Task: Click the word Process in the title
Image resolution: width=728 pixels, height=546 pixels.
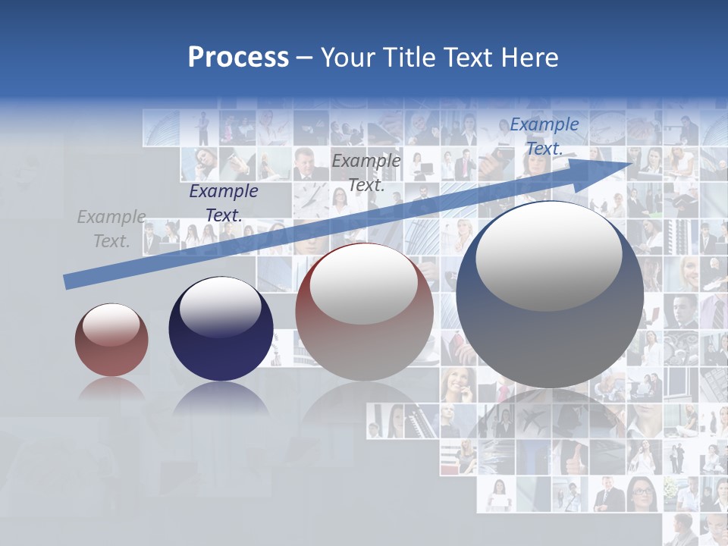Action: (x=238, y=58)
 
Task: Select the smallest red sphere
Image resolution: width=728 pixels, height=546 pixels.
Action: (x=111, y=340)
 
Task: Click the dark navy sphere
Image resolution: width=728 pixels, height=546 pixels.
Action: (x=221, y=329)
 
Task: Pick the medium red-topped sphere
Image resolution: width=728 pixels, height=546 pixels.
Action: (x=364, y=312)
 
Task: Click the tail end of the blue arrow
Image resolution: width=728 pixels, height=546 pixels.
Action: (x=68, y=282)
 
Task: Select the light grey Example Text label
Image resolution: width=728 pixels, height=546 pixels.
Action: (x=111, y=229)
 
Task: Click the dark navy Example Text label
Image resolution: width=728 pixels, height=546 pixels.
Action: (x=224, y=203)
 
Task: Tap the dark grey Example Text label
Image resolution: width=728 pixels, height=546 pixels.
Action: (x=366, y=172)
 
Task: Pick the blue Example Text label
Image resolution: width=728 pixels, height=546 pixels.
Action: (x=544, y=136)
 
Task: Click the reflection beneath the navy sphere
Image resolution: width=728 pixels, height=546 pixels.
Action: (x=220, y=402)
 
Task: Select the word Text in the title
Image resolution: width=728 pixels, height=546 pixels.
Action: (x=470, y=58)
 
